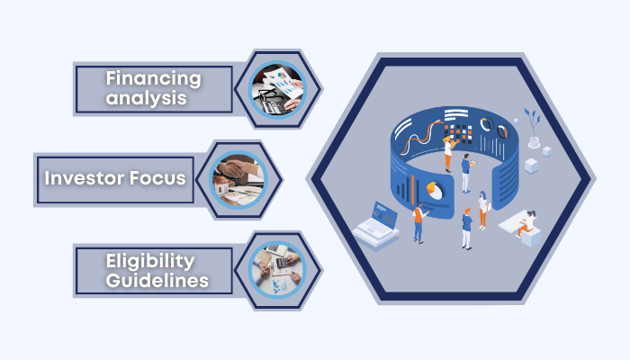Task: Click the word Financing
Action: pos(153,77)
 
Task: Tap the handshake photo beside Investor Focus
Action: pos(238,179)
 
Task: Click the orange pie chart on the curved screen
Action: pos(435,191)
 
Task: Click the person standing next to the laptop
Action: pos(418,223)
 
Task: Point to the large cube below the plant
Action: pos(531,165)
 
